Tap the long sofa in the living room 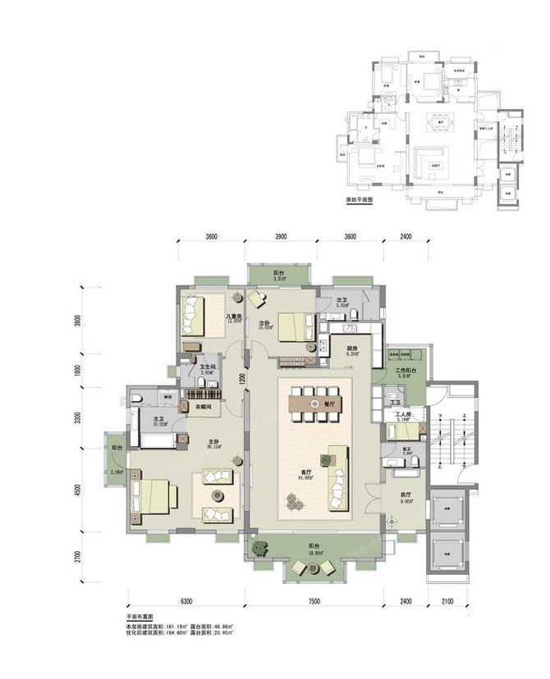point(337,481)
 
